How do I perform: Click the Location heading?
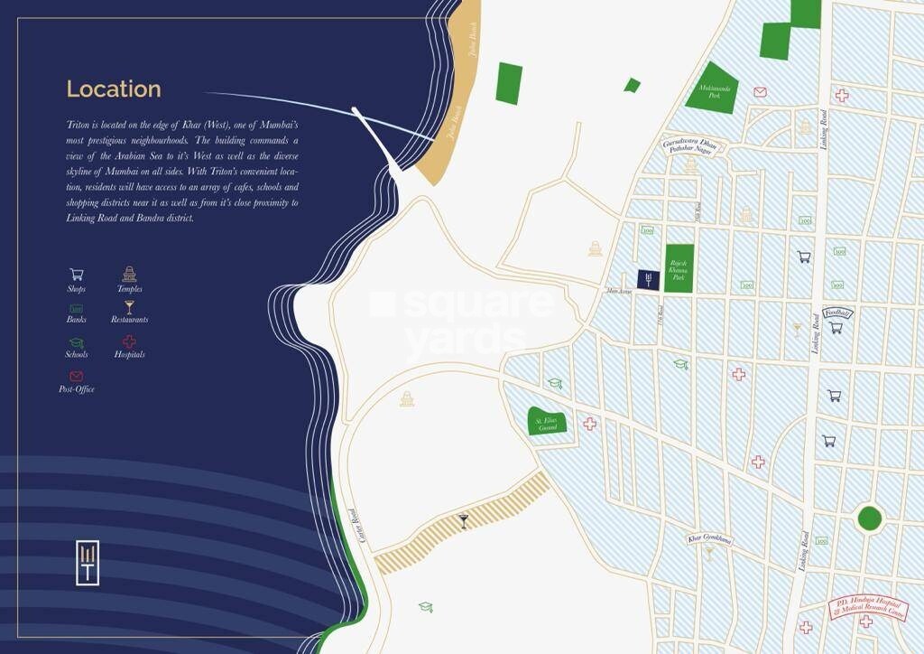click(114, 89)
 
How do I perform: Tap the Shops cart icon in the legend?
click(77, 274)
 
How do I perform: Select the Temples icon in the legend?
click(129, 274)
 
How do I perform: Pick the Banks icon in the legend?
click(77, 308)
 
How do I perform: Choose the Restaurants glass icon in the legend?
click(129, 307)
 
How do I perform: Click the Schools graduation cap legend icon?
click(77, 342)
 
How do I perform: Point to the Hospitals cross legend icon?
click(129, 341)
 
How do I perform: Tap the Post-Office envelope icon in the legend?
click(77, 376)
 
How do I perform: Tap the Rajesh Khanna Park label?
click(679, 268)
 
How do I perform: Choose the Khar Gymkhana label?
click(709, 539)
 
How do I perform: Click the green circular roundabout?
click(869, 519)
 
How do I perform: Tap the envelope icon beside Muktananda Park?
click(760, 92)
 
